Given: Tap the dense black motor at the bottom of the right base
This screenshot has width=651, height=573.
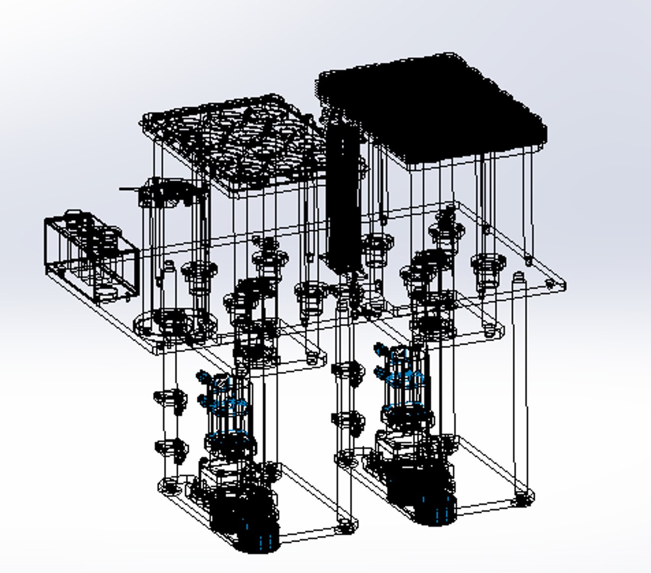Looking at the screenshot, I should click(422, 493).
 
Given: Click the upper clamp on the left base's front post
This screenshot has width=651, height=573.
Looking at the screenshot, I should click(170, 398).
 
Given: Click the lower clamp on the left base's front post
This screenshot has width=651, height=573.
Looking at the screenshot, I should click(170, 448).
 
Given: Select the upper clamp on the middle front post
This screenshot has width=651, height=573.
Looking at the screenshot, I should click(348, 371).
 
